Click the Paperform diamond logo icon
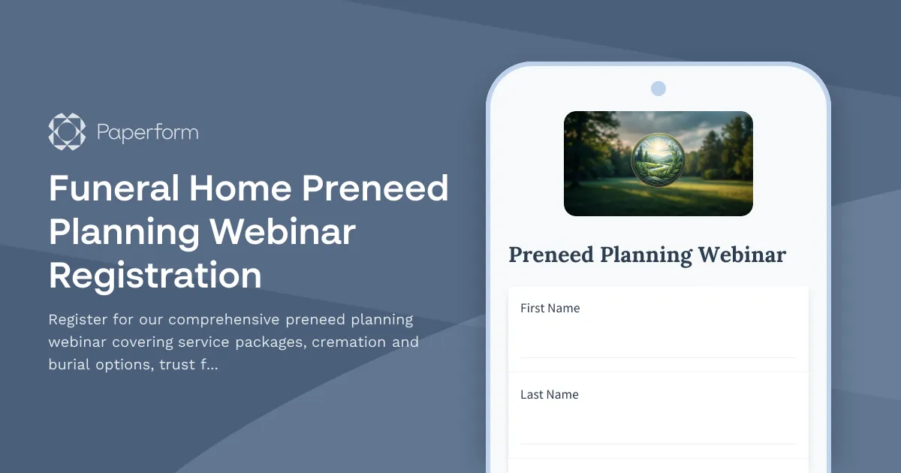tap(67, 132)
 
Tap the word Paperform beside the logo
tap(147, 133)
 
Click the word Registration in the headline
tap(155, 276)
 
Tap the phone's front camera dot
tap(658, 89)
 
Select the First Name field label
tap(550, 308)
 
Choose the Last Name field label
tap(549, 394)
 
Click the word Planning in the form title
tap(646, 255)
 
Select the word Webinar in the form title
tap(742, 255)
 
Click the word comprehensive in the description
tap(222, 320)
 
